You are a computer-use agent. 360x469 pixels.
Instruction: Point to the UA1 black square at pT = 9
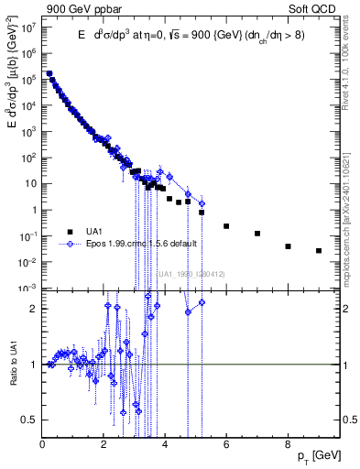click(319, 250)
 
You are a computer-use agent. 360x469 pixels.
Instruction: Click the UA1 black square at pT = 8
click(288, 246)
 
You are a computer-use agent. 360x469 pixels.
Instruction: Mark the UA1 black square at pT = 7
click(257, 234)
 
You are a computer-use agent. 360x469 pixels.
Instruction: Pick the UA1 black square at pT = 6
click(226, 225)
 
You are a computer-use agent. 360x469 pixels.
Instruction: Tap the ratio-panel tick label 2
click(33, 309)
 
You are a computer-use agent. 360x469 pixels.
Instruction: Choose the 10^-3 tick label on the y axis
click(27, 288)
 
